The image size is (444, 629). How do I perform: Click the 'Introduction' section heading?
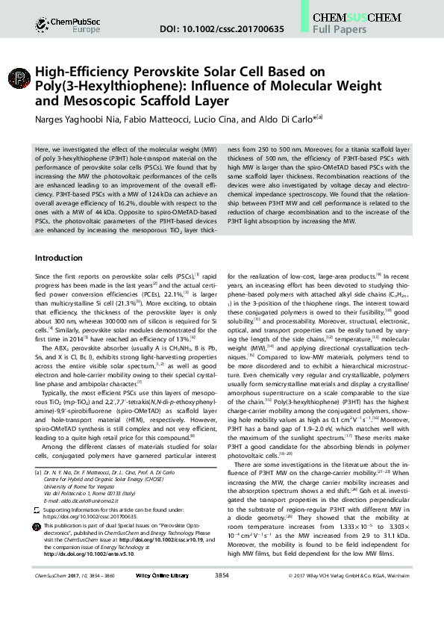(x=63, y=258)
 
